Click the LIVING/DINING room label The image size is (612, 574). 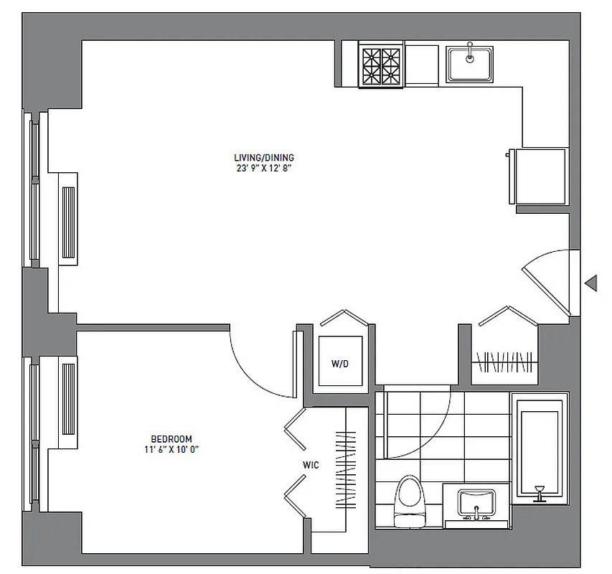[x=263, y=158]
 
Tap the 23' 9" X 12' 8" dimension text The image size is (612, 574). [x=263, y=169]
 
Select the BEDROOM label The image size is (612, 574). [x=171, y=438]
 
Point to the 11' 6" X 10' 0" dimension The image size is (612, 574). [x=171, y=450]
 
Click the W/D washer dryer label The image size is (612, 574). [x=340, y=364]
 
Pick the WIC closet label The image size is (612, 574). [x=311, y=465]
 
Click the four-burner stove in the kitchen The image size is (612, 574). [x=381, y=65]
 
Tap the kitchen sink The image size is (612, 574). [x=469, y=62]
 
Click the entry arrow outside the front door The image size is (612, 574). [x=591, y=283]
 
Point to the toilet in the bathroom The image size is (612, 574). [x=409, y=498]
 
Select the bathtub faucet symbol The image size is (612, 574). [x=539, y=491]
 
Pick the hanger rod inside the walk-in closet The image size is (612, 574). [x=346, y=470]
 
